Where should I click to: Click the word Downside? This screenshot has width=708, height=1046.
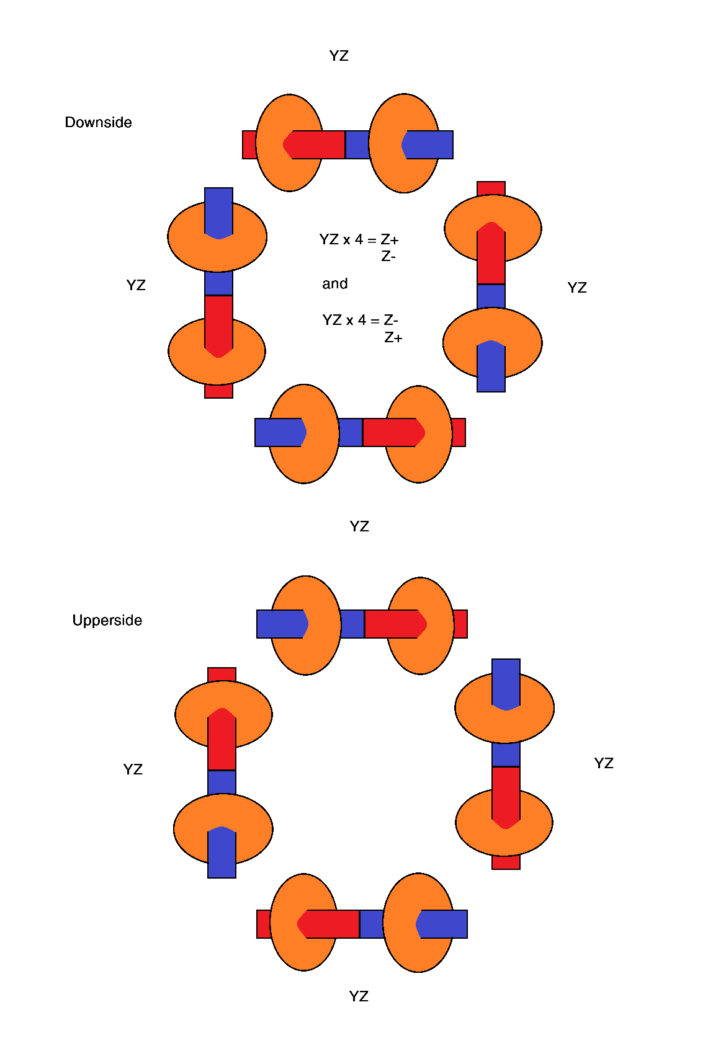(98, 122)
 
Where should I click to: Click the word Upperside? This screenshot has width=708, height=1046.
(107, 620)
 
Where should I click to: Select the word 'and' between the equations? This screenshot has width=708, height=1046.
(334, 283)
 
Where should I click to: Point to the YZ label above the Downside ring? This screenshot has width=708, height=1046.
(339, 56)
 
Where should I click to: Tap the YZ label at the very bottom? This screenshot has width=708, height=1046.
(359, 996)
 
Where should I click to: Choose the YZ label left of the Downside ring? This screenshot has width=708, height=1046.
(136, 285)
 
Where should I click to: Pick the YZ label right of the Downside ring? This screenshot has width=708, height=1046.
(577, 288)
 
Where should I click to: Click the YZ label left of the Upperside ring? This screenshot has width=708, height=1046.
(133, 769)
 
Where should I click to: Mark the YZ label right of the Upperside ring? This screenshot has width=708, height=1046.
(604, 763)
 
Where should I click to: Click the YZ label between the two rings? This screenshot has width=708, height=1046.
(359, 527)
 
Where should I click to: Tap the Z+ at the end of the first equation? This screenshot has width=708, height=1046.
(390, 240)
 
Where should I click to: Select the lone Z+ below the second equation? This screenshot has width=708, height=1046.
(393, 338)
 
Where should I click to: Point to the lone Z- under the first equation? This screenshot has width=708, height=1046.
(388, 256)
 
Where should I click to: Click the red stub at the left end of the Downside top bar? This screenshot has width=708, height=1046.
(249, 144)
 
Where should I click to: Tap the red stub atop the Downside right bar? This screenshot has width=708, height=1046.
(491, 189)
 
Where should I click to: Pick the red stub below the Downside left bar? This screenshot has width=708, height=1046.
(218, 391)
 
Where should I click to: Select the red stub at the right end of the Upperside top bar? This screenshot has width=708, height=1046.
(460, 624)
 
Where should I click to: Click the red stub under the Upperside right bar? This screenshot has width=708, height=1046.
(506, 862)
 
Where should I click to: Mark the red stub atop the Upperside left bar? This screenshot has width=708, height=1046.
(222, 675)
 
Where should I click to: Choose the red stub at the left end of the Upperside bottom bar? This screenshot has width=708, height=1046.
(264, 924)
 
